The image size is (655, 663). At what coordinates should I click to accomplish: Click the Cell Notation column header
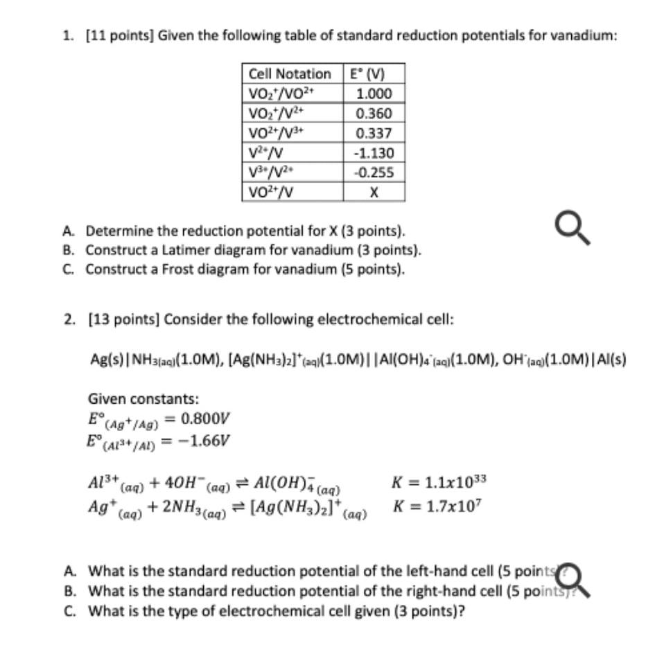click(x=289, y=73)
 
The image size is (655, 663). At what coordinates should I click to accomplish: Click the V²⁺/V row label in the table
click(x=265, y=153)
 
